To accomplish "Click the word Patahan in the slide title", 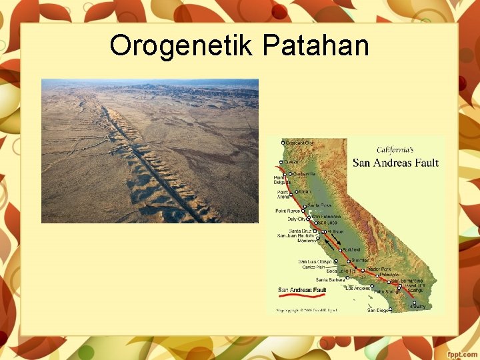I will pos(316,46).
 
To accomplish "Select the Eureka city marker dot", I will pos(283,162).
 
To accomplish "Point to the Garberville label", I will pos(303,174).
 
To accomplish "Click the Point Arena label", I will pos(284,194).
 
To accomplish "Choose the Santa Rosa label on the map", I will pos(319,205).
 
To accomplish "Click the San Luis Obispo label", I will pos(314,261).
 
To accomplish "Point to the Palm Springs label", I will pos(387,292).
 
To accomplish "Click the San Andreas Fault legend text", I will pos(302,290).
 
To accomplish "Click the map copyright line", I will pos(307,310).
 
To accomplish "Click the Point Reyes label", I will pos(289,211).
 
